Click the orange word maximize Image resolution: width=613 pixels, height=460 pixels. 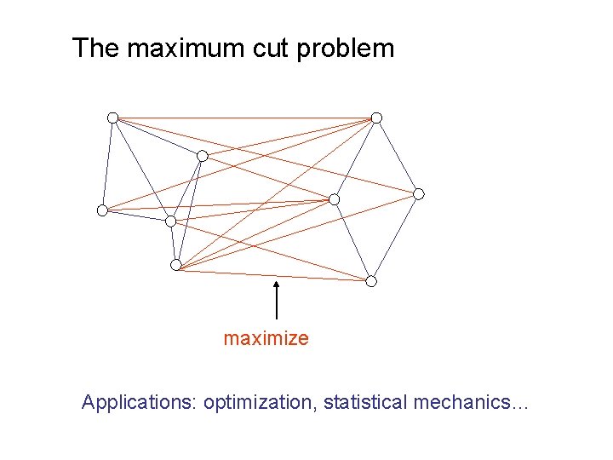point(266,339)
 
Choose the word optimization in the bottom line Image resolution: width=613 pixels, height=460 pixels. point(259,402)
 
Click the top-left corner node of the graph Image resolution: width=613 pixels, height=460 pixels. point(112,118)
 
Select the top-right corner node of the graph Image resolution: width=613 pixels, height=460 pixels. point(376,118)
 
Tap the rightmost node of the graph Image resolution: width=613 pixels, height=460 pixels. point(418,194)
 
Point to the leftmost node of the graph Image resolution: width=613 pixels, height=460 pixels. point(102,210)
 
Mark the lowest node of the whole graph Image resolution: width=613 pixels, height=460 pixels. point(371,281)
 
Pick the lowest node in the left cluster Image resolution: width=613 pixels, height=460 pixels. point(175,265)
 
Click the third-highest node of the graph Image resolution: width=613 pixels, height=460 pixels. point(202,156)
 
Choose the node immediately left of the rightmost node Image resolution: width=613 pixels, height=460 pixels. point(334,199)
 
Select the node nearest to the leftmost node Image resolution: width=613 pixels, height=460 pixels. point(170,221)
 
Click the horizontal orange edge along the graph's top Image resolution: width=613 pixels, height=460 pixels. point(247,118)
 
